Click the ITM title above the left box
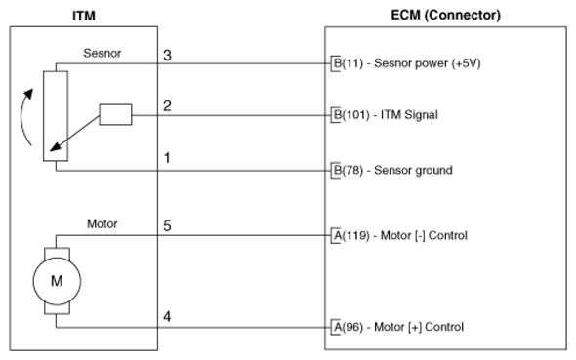[x=84, y=16]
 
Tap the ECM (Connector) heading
[x=445, y=15]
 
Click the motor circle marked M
[x=57, y=281]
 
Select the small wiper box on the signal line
[x=115, y=114]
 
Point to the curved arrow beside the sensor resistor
[x=22, y=117]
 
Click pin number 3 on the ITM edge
[x=167, y=55]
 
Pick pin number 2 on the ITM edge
[x=167, y=105]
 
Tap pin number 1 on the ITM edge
[x=167, y=158]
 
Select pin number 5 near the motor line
[x=167, y=225]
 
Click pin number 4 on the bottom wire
[x=167, y=316]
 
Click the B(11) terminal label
[x=348, y=63]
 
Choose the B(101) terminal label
[x=351, y=115]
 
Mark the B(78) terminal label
[x=348, y=170]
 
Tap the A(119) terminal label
[x=351, y=235]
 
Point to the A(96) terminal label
[x=348, y=327]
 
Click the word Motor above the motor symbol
[x=103, y=223]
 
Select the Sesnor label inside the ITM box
[x=103, y=53]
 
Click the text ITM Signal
[x=409, y=115]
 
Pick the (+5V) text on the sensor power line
[x=467, y=63]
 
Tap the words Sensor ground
[x=413, y=170]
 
